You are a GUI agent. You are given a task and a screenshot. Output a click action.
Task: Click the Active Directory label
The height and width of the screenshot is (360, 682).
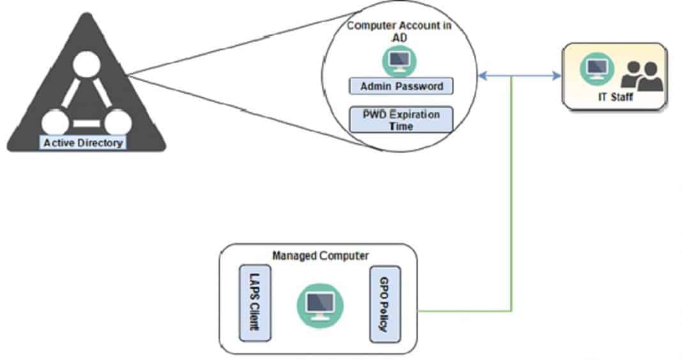coord(83,143)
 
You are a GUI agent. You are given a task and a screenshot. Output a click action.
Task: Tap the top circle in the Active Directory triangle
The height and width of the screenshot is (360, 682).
coord(87,66)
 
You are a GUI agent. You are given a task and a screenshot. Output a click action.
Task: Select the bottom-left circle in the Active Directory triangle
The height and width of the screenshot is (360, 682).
coord(55,122)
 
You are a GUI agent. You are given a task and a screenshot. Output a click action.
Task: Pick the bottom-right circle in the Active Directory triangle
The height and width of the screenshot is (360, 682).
coord(117,122)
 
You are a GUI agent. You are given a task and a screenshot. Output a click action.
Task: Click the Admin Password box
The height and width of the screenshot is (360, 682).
coord(401,86)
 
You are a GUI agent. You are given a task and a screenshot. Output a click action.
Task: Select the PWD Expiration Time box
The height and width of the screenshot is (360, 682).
coord(401,120)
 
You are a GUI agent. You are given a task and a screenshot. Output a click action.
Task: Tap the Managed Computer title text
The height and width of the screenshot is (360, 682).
coord(321,256)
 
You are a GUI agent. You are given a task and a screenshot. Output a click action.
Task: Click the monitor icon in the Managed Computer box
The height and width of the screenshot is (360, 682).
coord(320,302)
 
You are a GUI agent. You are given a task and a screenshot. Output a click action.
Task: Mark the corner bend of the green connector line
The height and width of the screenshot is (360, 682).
coord(511,311)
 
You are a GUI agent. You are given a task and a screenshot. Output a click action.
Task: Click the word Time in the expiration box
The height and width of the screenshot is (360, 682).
coord(401,126)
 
